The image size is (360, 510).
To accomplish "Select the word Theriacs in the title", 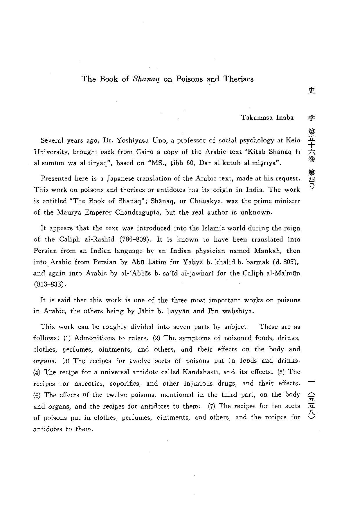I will point(238,79).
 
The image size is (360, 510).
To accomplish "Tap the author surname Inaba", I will point(285,118).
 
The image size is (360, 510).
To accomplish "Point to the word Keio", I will point(293,140).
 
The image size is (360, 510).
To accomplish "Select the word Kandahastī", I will point(203,372).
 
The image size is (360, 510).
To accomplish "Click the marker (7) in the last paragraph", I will point(211,406).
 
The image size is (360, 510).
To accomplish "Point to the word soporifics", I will point(125,384).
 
